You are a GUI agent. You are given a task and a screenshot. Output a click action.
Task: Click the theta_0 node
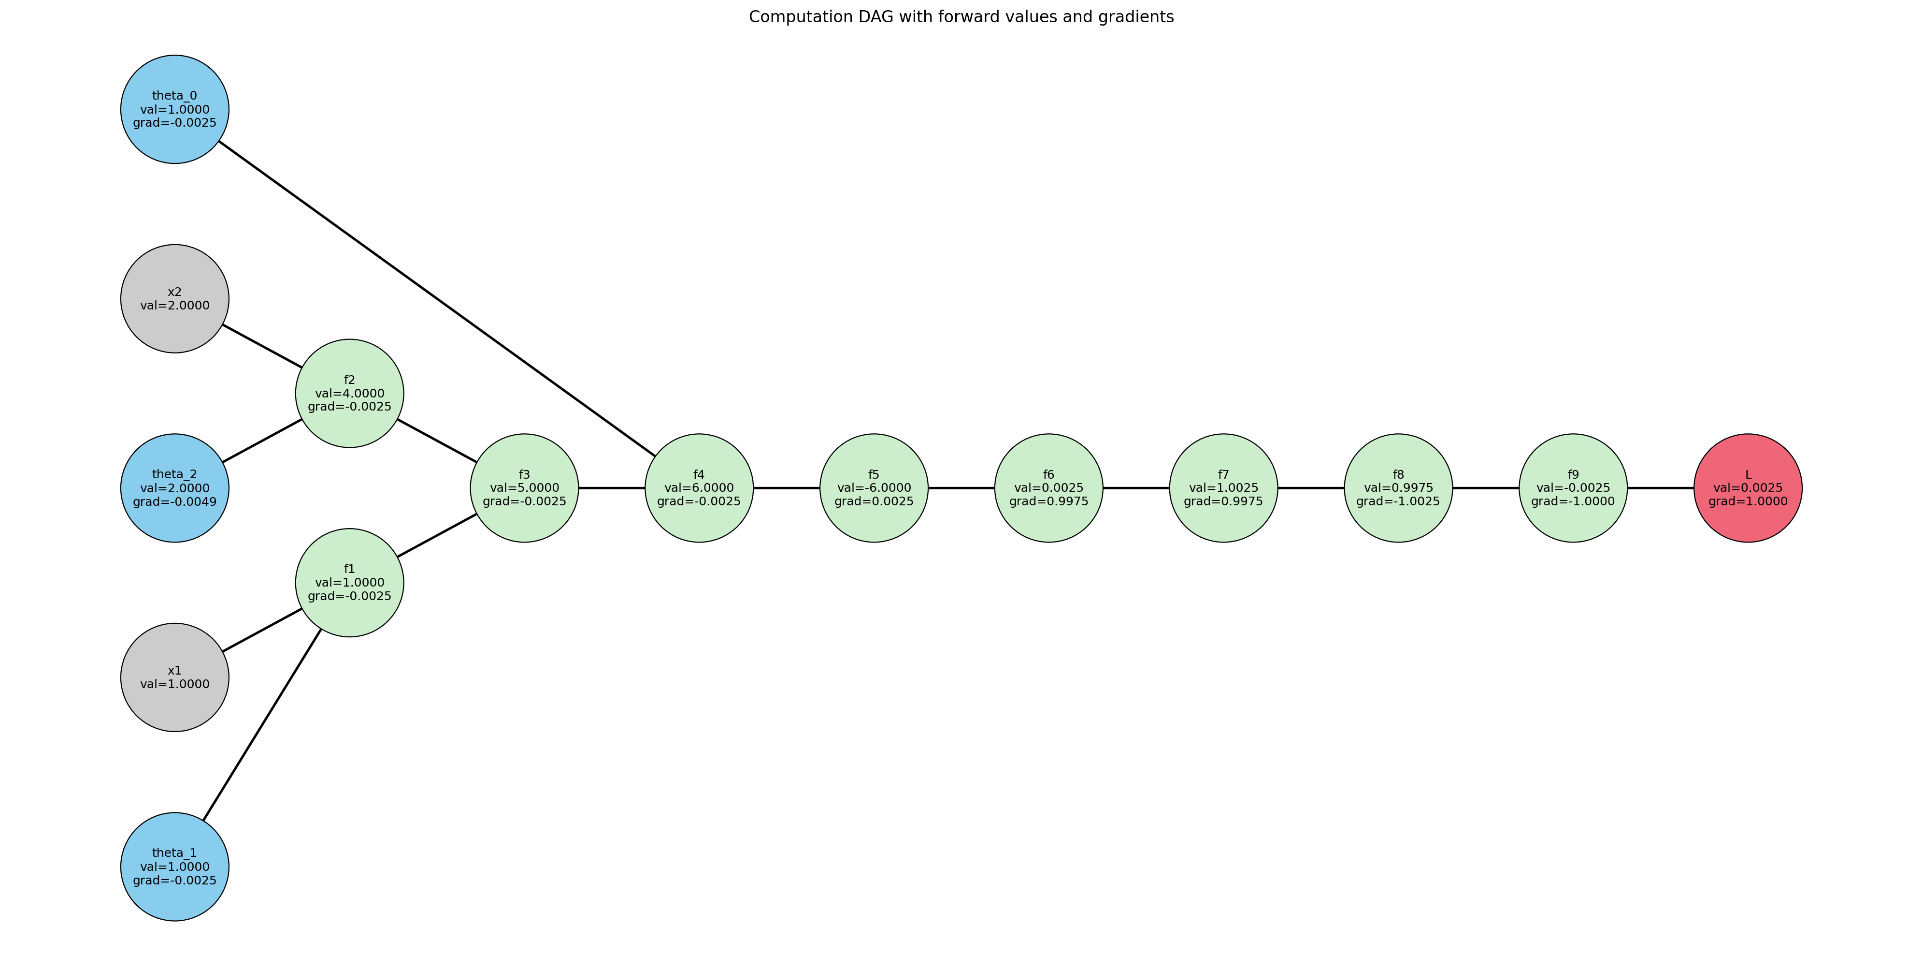(175, 109)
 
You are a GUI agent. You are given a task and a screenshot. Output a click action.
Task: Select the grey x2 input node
(175, 299)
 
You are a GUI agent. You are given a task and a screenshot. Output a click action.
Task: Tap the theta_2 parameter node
(175, 488)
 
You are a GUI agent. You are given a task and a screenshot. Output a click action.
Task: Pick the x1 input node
(175, 677)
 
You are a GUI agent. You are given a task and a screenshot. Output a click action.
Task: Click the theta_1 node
(175, 867)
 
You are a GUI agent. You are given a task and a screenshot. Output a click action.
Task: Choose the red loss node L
(1748, 488)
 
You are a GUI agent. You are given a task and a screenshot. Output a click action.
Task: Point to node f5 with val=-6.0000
(874, 488)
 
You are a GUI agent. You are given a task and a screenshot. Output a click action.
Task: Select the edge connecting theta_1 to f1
(262, 724)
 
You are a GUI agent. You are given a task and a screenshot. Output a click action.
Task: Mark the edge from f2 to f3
(437, 441)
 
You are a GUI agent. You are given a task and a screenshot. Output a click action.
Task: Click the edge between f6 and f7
(1136, 488)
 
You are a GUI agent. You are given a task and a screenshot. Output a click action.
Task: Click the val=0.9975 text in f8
(1398, 488)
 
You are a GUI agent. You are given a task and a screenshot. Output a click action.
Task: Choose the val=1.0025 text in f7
(1223, 488)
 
